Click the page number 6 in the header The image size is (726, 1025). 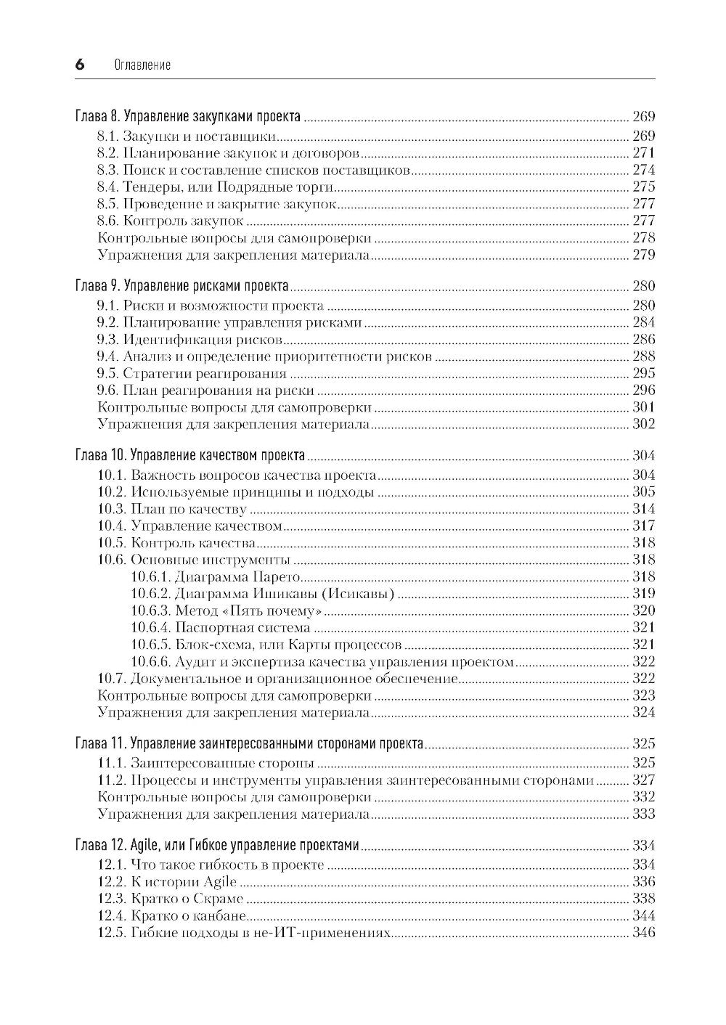[80, 65]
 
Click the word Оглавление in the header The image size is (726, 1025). [143, 65]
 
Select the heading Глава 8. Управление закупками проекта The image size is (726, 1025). [188, 117]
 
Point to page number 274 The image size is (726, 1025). [643, 170]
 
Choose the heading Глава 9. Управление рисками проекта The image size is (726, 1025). [181, 286]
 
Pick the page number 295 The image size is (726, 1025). [643, 374]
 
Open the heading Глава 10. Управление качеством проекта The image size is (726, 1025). [189, 456]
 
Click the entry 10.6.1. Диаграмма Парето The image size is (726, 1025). [216, 577]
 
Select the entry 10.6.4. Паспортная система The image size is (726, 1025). [221, 628]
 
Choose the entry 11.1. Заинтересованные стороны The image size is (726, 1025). [206, 763]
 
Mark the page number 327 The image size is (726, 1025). [643, 780]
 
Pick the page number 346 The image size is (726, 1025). [643, 933]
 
